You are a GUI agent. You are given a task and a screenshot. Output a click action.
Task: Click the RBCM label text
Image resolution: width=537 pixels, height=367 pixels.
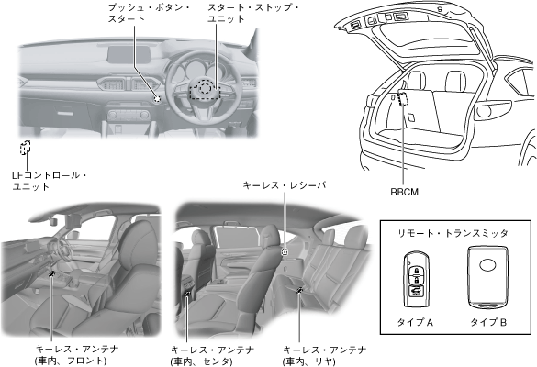click(405, 192)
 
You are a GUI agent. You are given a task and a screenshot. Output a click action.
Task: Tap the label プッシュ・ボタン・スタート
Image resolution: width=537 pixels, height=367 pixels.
click(149, 13)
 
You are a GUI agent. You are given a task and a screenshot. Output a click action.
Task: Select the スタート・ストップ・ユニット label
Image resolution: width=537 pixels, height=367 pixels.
click(253, 13)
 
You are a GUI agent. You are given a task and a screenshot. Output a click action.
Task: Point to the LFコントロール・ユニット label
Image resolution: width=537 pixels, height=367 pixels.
click(50, 181)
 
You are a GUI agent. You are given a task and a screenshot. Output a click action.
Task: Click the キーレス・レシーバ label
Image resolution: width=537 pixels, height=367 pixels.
click(285, 185)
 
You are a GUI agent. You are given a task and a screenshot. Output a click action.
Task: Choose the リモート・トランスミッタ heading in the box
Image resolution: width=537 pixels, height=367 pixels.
click(453, 233)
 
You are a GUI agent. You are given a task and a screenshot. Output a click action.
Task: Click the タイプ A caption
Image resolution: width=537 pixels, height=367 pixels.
click(415, 322)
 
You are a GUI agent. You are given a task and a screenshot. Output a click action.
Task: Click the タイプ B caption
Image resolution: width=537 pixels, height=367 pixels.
click(488, 322)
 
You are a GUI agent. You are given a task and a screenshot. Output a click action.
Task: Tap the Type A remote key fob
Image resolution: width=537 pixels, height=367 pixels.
click(416, 280)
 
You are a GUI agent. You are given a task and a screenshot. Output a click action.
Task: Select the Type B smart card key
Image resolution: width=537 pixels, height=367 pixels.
click(488, 277)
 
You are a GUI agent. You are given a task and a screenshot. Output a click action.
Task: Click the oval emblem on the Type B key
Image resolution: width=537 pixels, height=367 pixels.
click(488, 265)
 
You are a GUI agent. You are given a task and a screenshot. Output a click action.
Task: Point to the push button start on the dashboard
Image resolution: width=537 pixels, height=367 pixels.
click(157, 98)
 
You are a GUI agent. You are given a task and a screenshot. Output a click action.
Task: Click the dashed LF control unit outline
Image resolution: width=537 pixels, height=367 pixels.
click(26, 148)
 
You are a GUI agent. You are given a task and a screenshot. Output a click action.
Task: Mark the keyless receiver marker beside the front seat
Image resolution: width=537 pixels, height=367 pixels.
click(285, 252)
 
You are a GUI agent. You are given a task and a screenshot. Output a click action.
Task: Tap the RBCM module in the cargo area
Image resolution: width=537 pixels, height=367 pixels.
click(403, 98)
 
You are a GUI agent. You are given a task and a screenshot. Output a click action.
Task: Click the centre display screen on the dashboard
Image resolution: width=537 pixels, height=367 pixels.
click(129, 54)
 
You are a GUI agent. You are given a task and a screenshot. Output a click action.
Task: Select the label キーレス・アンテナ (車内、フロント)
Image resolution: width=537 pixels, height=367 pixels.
click(77, 355)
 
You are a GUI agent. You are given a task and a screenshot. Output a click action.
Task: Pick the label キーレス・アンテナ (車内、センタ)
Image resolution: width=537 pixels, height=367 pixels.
click(212, 356)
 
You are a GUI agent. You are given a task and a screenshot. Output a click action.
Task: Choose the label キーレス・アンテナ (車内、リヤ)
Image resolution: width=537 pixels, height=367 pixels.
click(324, 356)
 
